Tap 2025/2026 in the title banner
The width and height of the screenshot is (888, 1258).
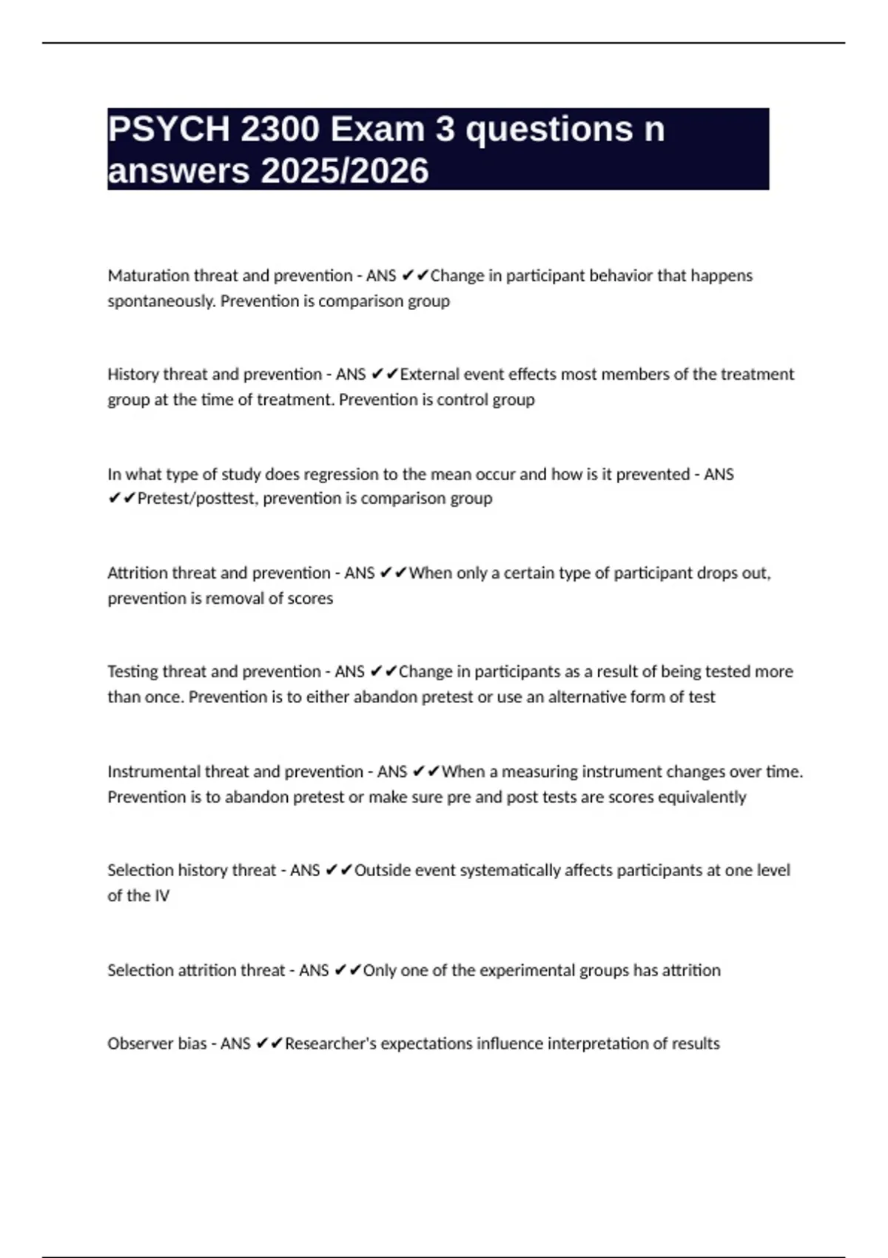pyautogui.click(x=345, y=171)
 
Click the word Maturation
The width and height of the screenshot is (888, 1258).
pyautogui.click(x=148, y=276)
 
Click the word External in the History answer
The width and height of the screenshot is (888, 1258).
pyautogui.click(x=430, y=374)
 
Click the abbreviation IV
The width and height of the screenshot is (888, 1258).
pyautogui.click(x=161, y=896)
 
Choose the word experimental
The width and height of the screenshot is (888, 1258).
pyautogui.click(x=525, y=970)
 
